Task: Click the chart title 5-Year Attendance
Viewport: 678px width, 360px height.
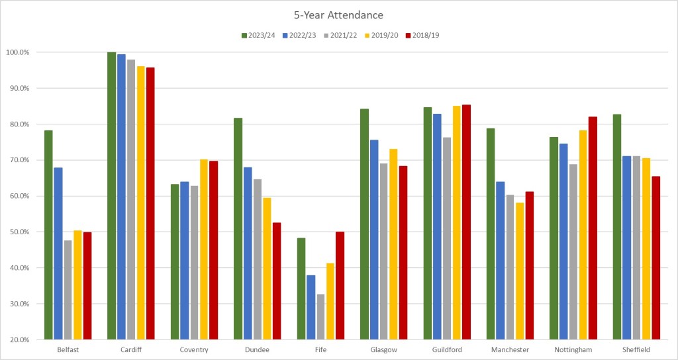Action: (x=339, y=14)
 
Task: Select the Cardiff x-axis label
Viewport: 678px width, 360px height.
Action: (x=131, y=349)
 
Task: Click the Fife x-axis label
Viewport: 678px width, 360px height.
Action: (x=320, y=349)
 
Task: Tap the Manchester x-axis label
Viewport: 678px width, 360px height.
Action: (x=510, y=349)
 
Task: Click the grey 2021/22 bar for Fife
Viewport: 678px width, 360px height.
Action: (x=320, y=317)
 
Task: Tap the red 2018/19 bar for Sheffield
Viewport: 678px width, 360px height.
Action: (x=655, y=258)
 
